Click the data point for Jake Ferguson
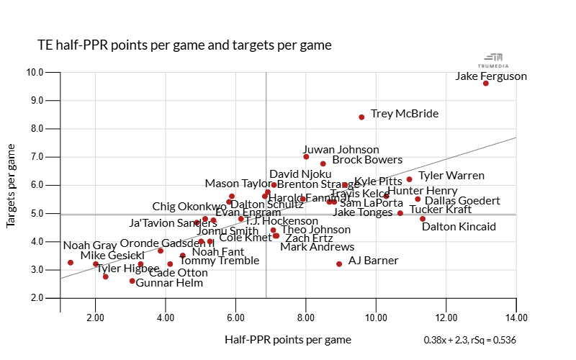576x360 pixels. [486, 84]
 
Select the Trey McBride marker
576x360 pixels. [361, 117]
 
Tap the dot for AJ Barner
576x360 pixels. [339, 264]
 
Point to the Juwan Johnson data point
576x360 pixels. [306, 157]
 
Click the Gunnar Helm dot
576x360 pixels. [132, 281]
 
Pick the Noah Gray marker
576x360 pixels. [71, 263]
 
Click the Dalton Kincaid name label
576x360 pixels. [459, 227]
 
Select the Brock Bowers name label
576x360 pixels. [367, 161]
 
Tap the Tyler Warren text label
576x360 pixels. [451, 176]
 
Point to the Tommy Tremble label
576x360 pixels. [219, 261]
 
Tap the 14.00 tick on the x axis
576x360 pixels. [516, 317]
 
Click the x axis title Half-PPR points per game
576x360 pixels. [288, 339]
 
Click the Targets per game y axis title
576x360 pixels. [12, 186]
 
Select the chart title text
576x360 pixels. [184, 45]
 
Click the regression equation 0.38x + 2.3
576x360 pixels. [469, 339]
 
